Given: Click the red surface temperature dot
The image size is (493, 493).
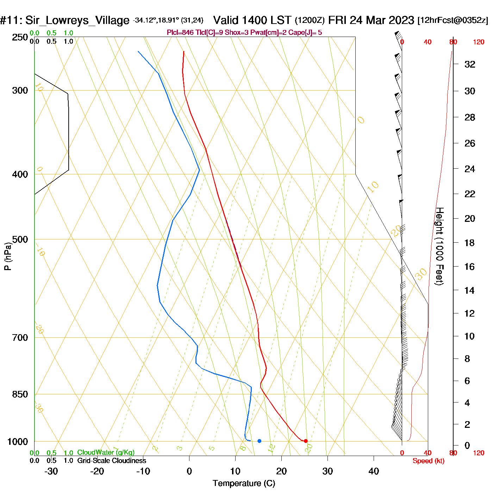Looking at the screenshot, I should (x=305, y=441).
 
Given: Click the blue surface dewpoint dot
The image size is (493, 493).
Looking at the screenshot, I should (x=260, y=441).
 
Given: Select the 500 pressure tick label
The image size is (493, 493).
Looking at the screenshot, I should (x=20, y=239).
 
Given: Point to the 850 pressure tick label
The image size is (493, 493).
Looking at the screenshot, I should (x=20, y=394).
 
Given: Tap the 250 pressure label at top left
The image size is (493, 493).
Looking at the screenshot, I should (x=20, y=37).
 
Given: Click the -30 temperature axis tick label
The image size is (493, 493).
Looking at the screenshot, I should (x=51, y=471).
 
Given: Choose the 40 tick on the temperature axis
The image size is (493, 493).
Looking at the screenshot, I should (x=374, y=471).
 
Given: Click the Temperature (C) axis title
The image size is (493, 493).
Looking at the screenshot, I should (x=244, y=483).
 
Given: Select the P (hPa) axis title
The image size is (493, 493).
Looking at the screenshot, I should (x=8, y=256).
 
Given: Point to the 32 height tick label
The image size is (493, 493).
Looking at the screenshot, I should (x=470, y=64).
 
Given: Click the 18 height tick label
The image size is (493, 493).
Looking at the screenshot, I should (x=470, y=243).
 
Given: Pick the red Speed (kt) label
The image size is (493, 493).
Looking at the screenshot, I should (x=429, y=461).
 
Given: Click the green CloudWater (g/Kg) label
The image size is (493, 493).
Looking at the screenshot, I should (x=106, y=453).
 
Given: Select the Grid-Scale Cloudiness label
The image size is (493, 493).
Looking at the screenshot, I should (x=112, y=461).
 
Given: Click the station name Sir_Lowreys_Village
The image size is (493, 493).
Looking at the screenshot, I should (x=77, y=20).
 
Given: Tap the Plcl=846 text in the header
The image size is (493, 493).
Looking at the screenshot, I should (x=180, y=33).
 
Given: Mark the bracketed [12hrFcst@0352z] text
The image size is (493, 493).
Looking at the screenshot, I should (x=453, y=20).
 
